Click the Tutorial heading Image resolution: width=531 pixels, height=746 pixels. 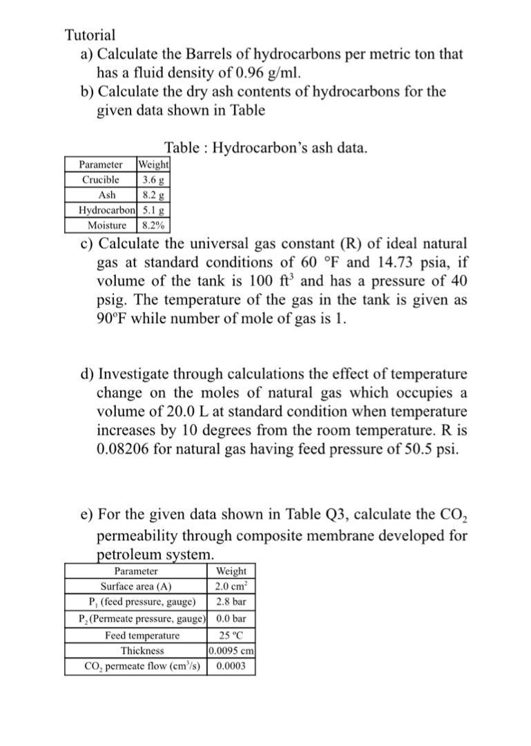click(90, 35)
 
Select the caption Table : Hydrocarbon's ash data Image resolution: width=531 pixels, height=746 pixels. click(266, 148)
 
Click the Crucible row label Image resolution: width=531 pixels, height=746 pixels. click(101, 180)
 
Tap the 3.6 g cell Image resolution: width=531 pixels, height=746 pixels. click(153, 180)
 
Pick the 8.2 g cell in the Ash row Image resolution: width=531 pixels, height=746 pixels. click(153, 195)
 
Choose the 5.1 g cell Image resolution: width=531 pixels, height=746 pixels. click(153, 210)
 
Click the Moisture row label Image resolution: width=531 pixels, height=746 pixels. click(107, 225)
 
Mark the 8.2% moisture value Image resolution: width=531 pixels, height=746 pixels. click(153, 225)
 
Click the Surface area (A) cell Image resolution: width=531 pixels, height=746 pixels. click(135, 587)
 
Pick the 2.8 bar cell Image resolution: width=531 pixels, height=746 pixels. click(231, 602)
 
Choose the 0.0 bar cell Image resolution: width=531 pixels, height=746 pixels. click(231, 618)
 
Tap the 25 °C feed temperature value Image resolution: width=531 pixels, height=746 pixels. click(231, 635)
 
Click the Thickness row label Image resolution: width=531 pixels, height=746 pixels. click(142, 651)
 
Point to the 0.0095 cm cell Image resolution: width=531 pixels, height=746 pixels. click(231, 651)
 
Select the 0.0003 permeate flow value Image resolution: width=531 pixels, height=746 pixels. click(231, 667)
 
